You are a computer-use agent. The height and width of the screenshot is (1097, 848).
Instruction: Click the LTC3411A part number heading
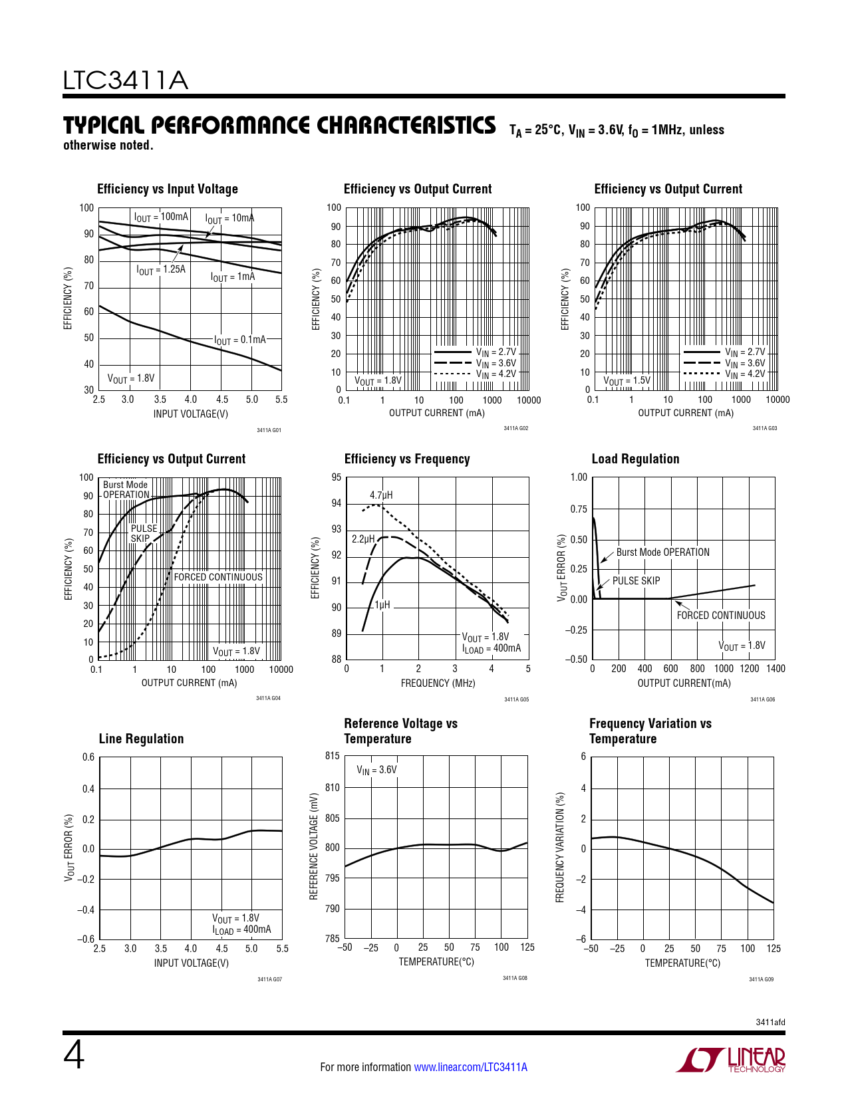pyautogui.click(x=126, y=80)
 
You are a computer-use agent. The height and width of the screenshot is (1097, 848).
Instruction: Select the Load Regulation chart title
pyautogui.click(x=635, y=459)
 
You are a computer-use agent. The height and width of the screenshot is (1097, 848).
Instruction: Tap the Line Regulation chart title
pyautogui.click(x=141, y=739)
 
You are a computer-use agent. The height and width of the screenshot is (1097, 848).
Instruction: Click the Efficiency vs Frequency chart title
pyautogui.click(x=407, y=459)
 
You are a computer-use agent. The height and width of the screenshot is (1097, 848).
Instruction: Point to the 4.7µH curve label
pyautogui.click(x=381, y=495)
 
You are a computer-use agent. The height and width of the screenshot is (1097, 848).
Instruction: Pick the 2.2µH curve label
pyautogui.click(x=363, y=539)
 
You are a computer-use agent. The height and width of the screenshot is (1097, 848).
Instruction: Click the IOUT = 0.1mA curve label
pyautogui.click(x=240, y=340)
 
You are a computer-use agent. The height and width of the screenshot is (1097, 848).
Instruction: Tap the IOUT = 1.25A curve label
pyautogui.click(x=161, y=270)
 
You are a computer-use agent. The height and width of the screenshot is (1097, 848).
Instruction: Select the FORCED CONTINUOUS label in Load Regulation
pyautogui.click(x=721, y=616)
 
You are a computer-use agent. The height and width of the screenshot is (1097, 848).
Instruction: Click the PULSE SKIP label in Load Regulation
pyautogui.click(x=636, y=580)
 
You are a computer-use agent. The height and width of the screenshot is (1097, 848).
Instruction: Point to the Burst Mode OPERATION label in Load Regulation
pyautogui.click(x=662, y=552)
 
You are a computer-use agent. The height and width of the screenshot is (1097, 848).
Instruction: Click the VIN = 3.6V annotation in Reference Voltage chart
pyautogui.click(x=376, y=770)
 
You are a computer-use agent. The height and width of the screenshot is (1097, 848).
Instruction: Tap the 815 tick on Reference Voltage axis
pyautogui.click(x=333, y=756)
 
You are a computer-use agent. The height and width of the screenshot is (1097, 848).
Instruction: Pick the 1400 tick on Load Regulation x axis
pyautogui.click(x=776, y=669)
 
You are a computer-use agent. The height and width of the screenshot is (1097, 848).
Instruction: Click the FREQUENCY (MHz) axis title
pyautogui.click(x=438, y=683)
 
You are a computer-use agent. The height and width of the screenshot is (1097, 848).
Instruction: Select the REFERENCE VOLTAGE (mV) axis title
pyautogui.click(x=314, y=846)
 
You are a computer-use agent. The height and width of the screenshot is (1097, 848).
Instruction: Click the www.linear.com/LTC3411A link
pyautogui.click(x=470, y=1067)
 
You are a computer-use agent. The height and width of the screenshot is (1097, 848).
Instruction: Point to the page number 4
pyautogui.click(x=74, y=1055)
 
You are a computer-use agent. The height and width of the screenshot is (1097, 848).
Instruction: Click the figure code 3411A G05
pyautogui.click(x=516, y=699)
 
